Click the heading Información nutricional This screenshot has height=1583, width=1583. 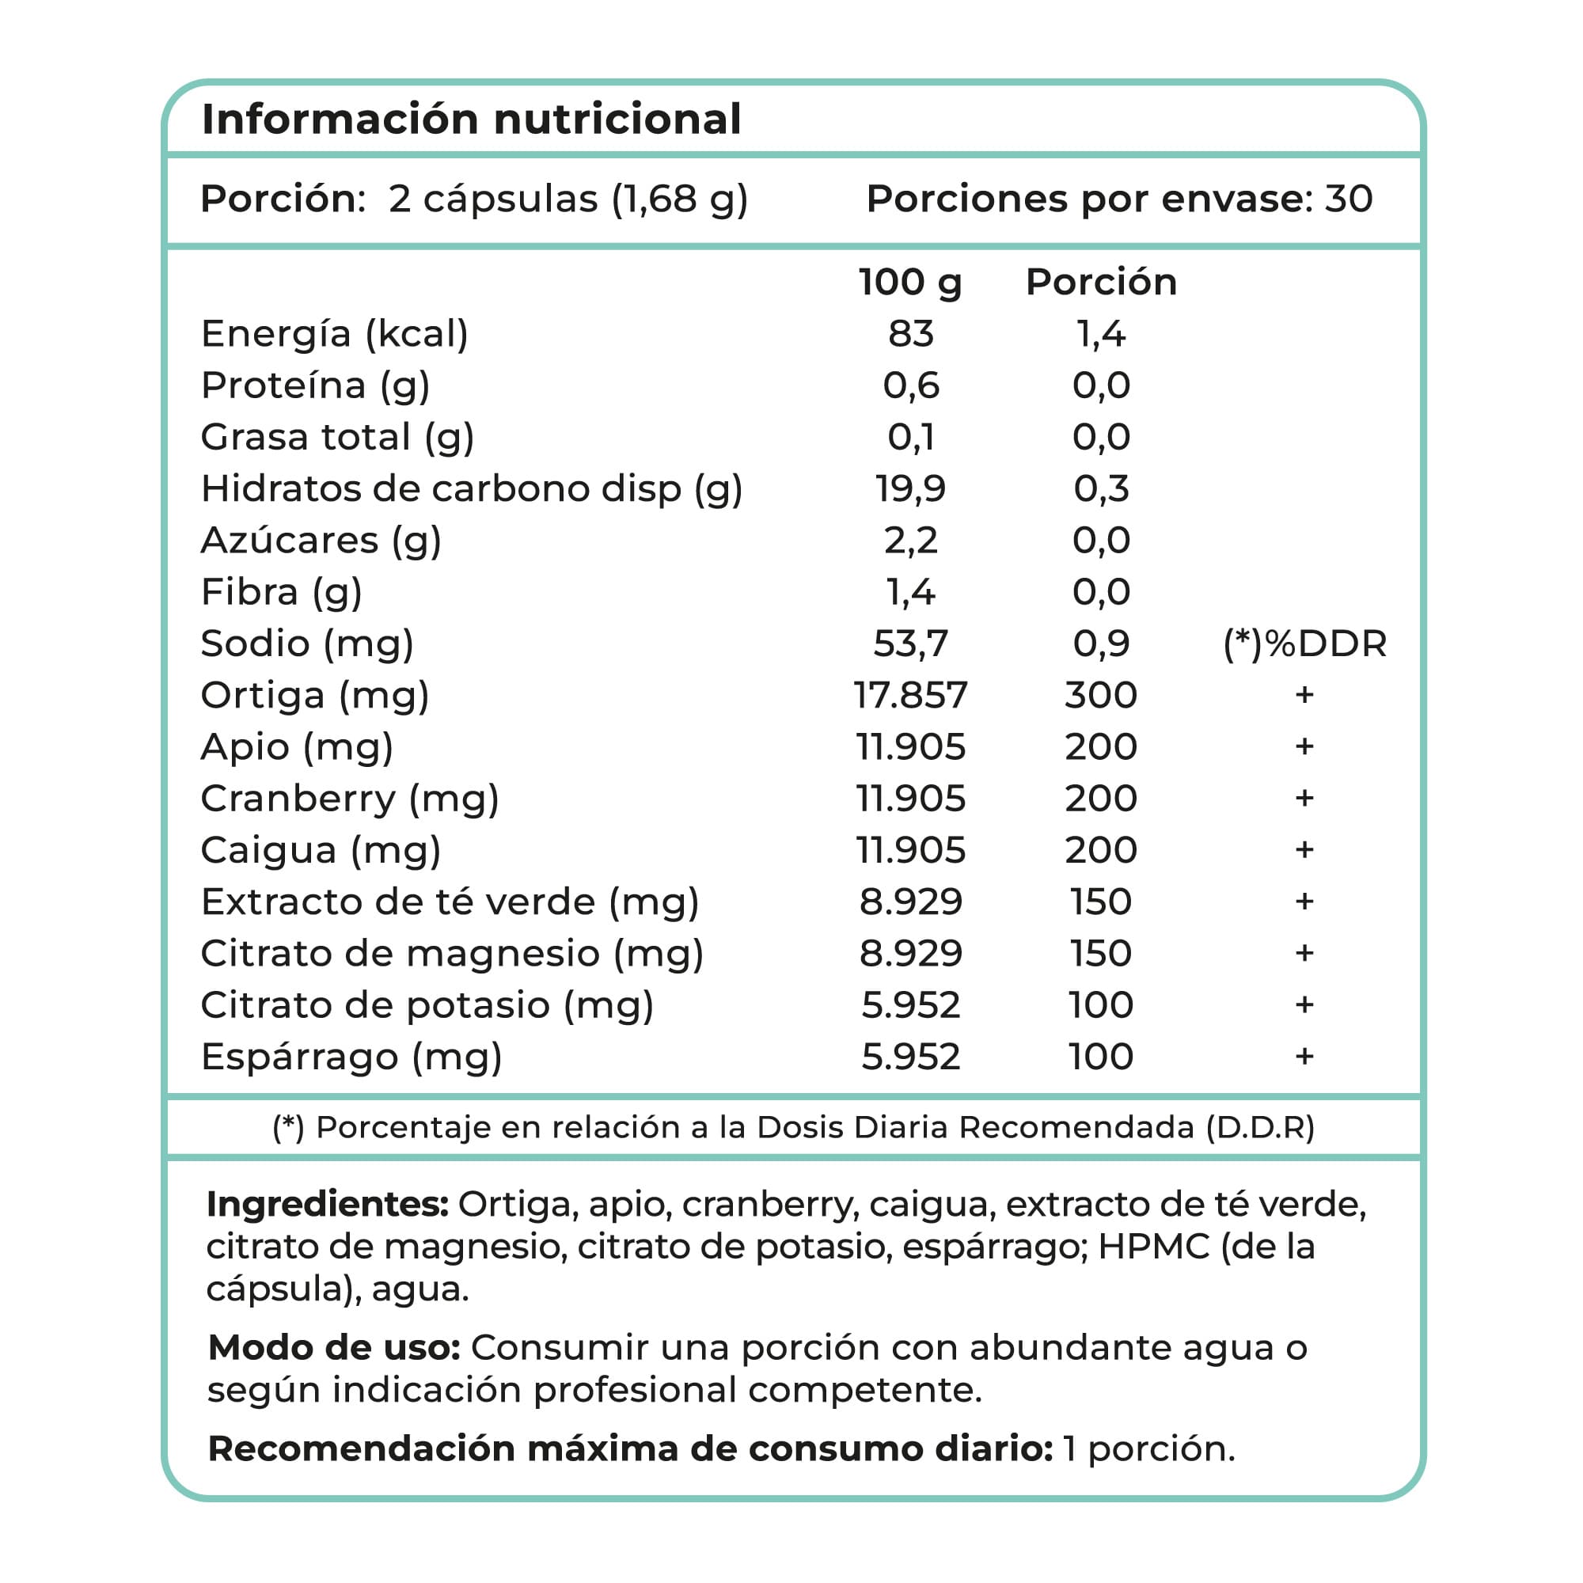[x=471, y=119]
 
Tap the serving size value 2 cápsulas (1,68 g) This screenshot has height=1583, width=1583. [x=568, y=199]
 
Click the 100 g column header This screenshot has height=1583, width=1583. [x=909, y=282]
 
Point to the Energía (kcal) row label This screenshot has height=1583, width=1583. [x=334, y=334]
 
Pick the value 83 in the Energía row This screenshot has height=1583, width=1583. [x=910, y=334]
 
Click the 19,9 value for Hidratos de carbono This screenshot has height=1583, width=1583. [x=910, y=489]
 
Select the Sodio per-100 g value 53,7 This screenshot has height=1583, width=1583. [x=910, y=644]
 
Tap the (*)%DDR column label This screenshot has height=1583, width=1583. [x=1304, y=644]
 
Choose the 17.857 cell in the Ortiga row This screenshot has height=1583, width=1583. [x=910, y=696]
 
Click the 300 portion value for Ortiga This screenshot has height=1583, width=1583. [x=1100, y=696]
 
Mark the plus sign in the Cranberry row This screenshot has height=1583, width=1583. [x=1304, y=798]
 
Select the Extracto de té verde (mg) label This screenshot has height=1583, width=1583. [x=450, y=902]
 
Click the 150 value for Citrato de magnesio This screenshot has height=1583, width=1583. [x=1100, y=954]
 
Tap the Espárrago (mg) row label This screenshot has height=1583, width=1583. [x=351, y=1057]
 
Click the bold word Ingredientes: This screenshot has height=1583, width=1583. [x=327, y=1205]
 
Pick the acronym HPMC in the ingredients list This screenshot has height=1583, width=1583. [x=1154, y=1247]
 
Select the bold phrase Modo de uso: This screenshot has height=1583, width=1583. [x=334, y=1348]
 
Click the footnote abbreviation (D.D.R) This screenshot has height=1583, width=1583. [x=1259, y=1127]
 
